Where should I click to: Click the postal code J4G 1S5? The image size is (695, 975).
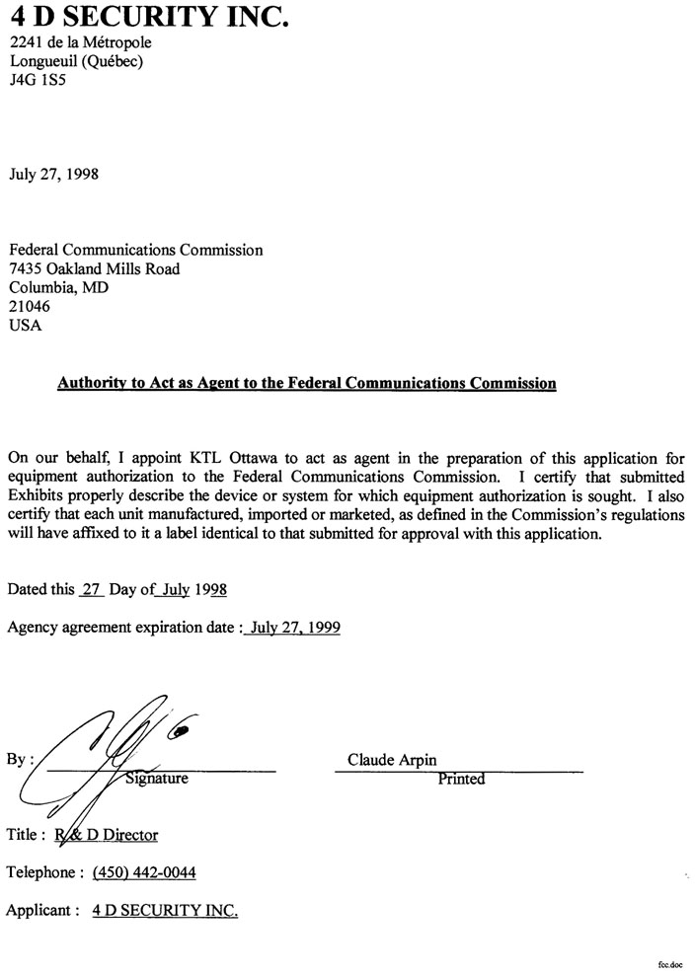pos(37,81)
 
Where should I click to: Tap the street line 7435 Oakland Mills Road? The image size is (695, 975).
pos(95,268)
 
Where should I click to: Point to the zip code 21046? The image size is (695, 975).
pos(30,307)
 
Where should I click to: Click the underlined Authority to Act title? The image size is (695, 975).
pos(306,382)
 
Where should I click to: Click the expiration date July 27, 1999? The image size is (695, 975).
pos(295,627)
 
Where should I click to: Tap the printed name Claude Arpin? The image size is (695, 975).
pos(392,760)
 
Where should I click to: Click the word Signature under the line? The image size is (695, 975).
pos(157,779)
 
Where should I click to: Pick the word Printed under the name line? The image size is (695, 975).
pos(461,779)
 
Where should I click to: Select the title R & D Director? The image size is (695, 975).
pos(107,835)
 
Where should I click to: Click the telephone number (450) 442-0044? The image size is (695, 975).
pos(144,872)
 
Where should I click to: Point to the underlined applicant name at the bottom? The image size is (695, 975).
pos(165,910)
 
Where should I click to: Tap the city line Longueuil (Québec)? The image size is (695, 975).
pos(76,61)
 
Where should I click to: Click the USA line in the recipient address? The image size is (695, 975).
pos(26,326)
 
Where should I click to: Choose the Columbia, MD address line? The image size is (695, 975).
pos(59,287)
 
